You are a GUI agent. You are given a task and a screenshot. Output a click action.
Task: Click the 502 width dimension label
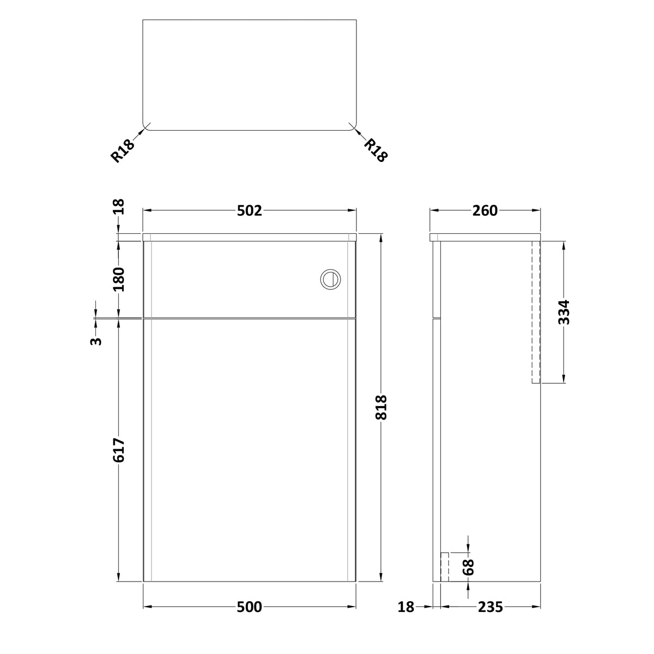(250, 211)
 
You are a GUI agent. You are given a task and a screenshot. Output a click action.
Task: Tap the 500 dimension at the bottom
(250, 607)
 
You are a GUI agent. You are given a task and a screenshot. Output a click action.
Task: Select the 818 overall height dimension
(381, 407)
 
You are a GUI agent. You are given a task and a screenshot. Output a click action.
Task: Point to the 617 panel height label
(119, 450)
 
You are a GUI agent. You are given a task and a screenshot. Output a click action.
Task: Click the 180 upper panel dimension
(119, 280)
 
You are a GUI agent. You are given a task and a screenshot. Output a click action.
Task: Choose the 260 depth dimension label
(485, 211)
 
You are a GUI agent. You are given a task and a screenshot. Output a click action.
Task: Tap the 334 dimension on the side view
(564, 312)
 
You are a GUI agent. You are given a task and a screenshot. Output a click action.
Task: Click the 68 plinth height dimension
(468, 567)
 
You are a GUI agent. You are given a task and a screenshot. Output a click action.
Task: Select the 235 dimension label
(490, 607)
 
